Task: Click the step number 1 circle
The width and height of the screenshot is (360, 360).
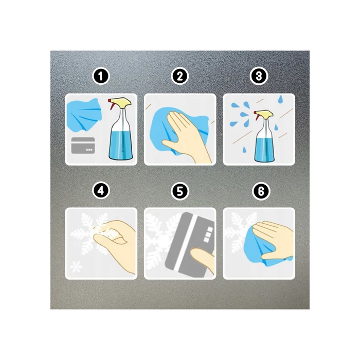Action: (101, 76)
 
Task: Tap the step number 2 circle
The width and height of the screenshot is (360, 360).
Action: (180, 76)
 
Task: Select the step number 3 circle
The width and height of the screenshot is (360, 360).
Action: (259, 76)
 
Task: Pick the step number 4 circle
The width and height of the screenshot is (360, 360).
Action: (101, 191)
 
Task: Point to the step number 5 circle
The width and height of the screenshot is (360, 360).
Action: (180, 191)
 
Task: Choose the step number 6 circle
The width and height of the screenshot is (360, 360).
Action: (261, 191)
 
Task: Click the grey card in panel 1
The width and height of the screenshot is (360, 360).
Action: (83, 146)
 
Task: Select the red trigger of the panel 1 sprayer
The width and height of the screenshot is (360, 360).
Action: (112, 105)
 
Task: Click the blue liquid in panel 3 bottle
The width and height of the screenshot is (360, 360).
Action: (264, 149)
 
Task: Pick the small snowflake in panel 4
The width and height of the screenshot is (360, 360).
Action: (76, 267)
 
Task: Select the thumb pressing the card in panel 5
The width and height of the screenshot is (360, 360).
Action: (202, 259)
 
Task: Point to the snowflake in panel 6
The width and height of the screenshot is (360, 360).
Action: (239, 232)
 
